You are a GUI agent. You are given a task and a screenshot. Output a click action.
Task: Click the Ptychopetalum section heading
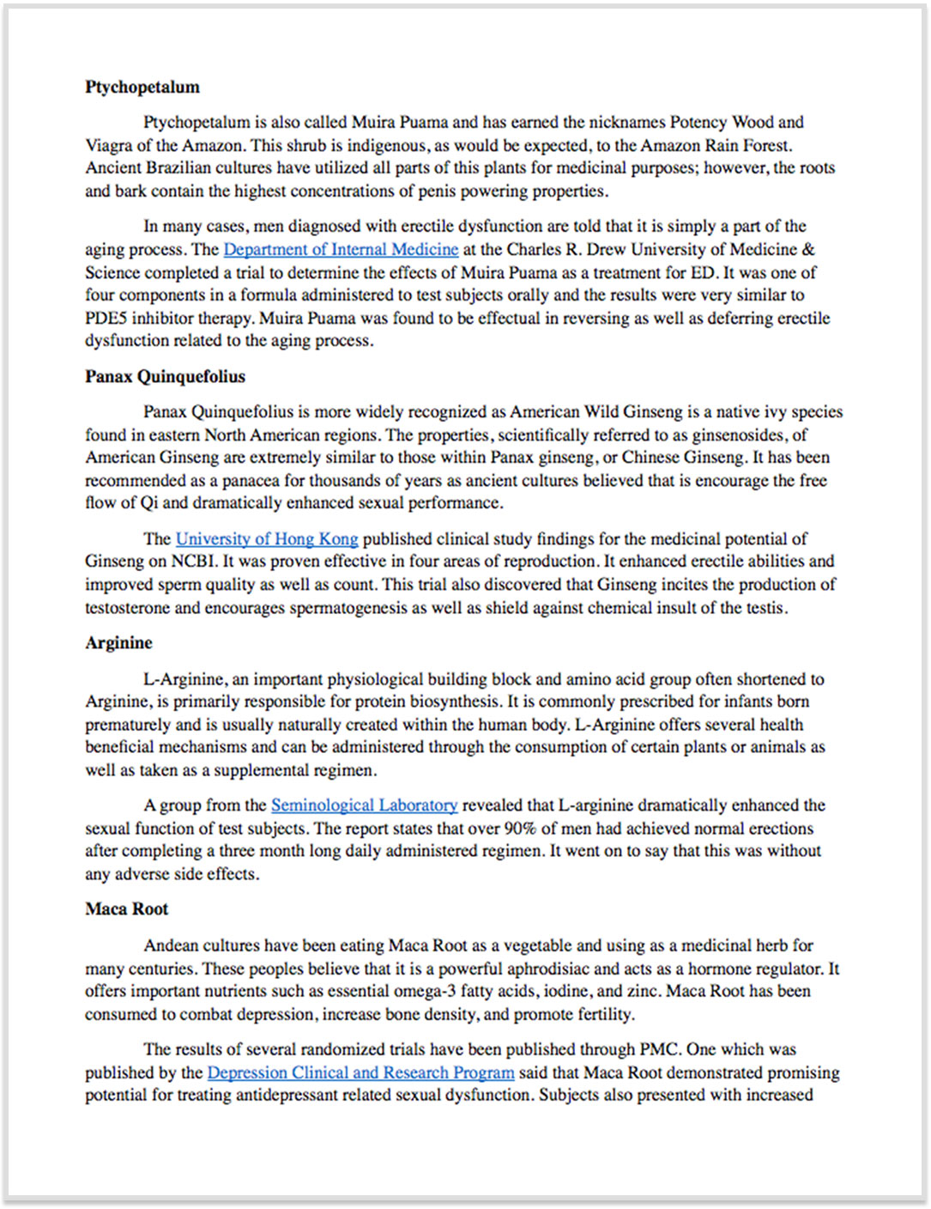pos(142,88)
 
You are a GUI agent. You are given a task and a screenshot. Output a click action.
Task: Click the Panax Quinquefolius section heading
pos(165,377)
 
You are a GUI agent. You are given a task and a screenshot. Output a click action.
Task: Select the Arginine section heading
pos(118,643)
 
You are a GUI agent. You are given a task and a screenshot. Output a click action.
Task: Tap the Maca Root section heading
pos(126,909)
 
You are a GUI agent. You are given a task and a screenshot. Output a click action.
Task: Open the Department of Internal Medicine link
pos(341,250)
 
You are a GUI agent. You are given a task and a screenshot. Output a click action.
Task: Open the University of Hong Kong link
pos(267,539)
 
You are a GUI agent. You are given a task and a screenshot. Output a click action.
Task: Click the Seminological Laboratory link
pos(364,805)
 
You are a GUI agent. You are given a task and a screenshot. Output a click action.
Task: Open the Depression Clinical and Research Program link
pos(360,1073)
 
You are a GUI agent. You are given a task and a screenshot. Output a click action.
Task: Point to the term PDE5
pos(106,319)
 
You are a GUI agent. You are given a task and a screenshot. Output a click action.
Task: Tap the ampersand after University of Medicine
pos(808,250)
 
